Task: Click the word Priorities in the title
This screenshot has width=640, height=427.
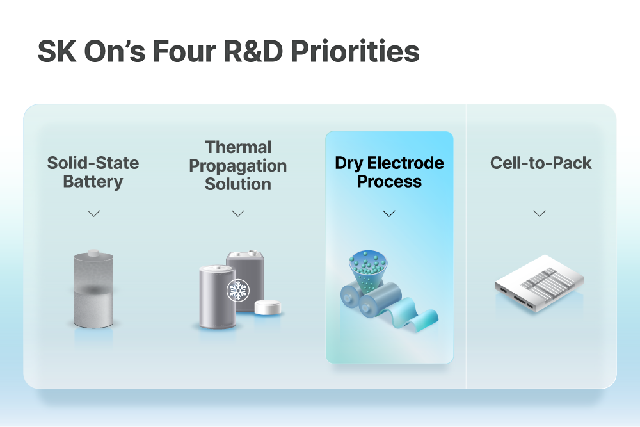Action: click(355, 51)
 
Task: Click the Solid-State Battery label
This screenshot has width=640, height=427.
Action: click(93, 172)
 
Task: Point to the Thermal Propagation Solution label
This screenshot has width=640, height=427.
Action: click(238, 166)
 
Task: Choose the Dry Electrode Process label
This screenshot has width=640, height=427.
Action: click(389, 172)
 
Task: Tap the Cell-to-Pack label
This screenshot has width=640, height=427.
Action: click(541, 163)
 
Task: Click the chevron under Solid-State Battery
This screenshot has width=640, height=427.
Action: click(94, 214)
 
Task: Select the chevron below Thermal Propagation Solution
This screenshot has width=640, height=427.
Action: click(238, 214)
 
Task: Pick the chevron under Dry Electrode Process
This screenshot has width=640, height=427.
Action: click(389, 214)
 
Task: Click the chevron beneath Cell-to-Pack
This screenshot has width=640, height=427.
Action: click(540, 214)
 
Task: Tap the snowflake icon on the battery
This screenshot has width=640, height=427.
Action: click(238, 290)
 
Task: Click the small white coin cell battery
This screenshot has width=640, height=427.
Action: click(268, 307)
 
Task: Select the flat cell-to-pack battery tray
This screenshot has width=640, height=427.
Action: click(540, 284)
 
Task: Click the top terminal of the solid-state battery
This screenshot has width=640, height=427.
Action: click(94, 253)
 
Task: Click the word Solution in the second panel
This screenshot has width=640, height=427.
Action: click(238, 184)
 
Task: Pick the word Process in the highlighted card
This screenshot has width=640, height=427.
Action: click(389, 182)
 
